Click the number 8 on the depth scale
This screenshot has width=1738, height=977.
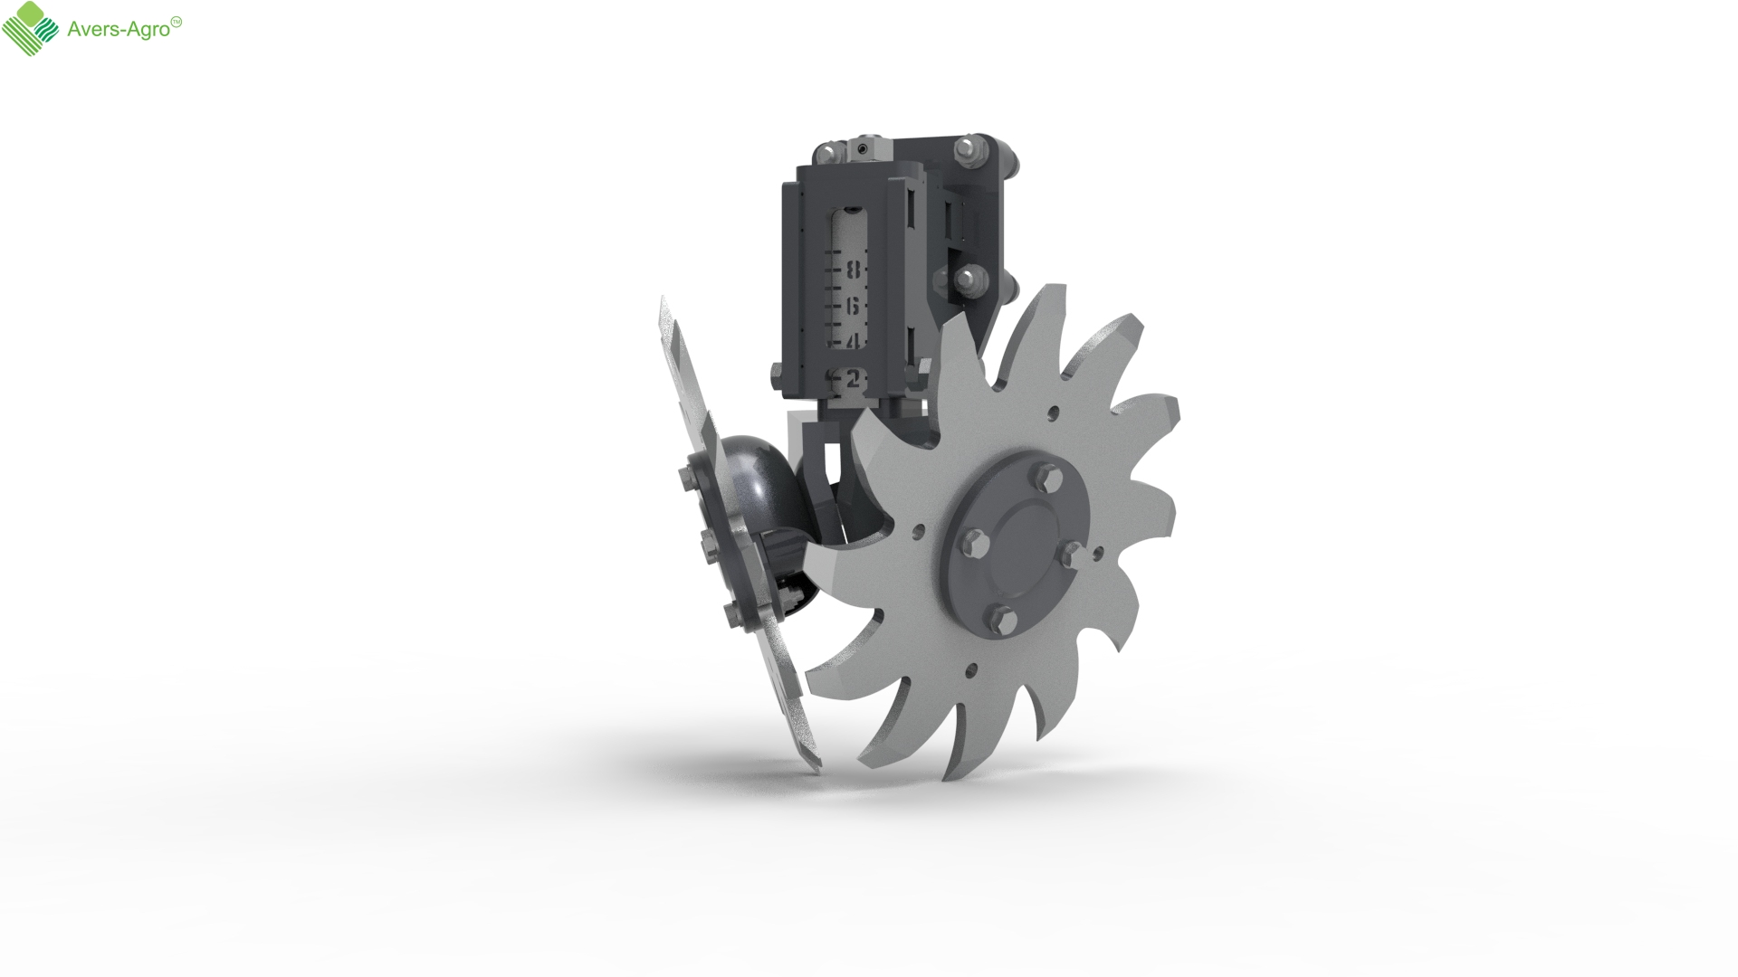[853, 270]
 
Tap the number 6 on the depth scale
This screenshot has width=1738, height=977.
[852, 307]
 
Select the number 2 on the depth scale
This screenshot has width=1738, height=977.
[852, 380]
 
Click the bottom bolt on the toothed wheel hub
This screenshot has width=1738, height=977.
[1000, 617]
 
